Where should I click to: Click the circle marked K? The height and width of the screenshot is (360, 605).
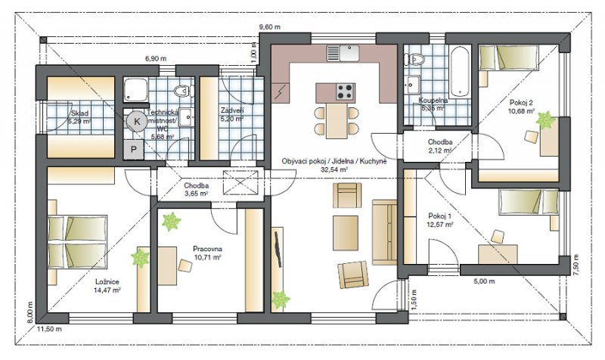[137, 122]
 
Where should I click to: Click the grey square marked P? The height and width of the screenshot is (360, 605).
[134, 149]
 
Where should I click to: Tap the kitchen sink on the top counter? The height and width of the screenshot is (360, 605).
[343, 53]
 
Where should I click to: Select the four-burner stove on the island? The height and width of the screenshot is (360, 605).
[345, 92]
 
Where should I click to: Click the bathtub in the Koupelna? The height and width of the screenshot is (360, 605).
[460, 72]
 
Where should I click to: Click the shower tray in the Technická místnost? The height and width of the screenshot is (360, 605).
[136, 91]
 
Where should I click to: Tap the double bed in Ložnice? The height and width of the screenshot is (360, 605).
[77, 242]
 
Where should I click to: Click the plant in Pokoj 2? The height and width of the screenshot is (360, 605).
[545, 120]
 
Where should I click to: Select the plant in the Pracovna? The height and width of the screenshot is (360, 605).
[172, 222]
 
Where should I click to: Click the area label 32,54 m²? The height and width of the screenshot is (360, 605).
[334, 169]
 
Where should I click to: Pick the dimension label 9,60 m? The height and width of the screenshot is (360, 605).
[269, 27]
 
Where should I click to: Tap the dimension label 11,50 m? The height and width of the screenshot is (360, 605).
[50, 329]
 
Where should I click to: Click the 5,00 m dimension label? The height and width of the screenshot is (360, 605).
[484, 281]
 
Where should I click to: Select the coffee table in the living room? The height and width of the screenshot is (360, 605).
[346, 233]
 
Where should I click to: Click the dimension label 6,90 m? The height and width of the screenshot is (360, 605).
[156, 59]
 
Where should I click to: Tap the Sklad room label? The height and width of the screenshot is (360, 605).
[79, 113]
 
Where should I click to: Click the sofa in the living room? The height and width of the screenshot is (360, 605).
[384, 232]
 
